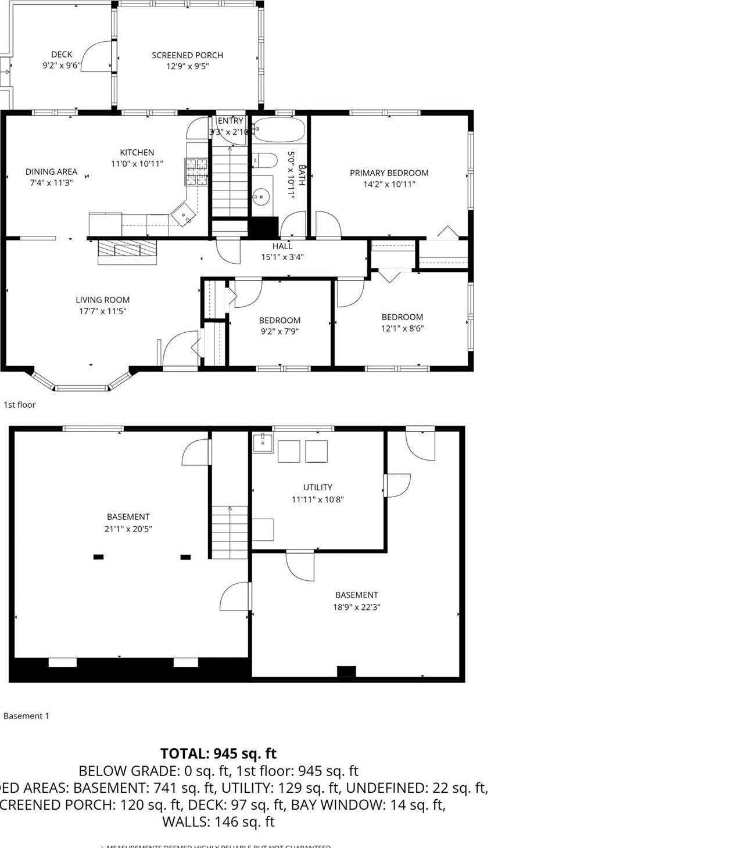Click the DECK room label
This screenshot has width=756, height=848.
click(61, 55)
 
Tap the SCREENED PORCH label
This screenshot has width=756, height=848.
click(187, 55)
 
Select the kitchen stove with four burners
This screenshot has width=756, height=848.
click(196, 172)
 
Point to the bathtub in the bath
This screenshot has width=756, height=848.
click(279, 130)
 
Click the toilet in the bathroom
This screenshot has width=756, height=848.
click(264, 159)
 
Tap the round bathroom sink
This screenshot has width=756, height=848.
click(262, 197)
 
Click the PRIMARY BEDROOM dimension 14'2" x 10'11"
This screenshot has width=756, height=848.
click(389, 184)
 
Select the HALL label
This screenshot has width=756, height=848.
click(282, 246)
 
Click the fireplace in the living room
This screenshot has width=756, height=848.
click(127, 251)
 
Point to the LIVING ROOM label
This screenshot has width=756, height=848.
click(102, 300)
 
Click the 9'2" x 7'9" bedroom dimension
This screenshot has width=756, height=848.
click(280, 331)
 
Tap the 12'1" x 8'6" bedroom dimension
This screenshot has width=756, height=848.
click(402, 328)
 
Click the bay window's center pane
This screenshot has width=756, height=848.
click(81, 387)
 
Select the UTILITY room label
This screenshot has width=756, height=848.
click(317, 487)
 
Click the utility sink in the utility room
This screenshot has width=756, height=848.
click(263, 443)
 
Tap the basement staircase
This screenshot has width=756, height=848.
click(229, 531)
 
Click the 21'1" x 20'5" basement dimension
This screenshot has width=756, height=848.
click(128, 529)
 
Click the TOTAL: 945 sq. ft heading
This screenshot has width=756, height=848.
click(218, 753)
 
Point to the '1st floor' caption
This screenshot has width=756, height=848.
click(19, 405)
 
